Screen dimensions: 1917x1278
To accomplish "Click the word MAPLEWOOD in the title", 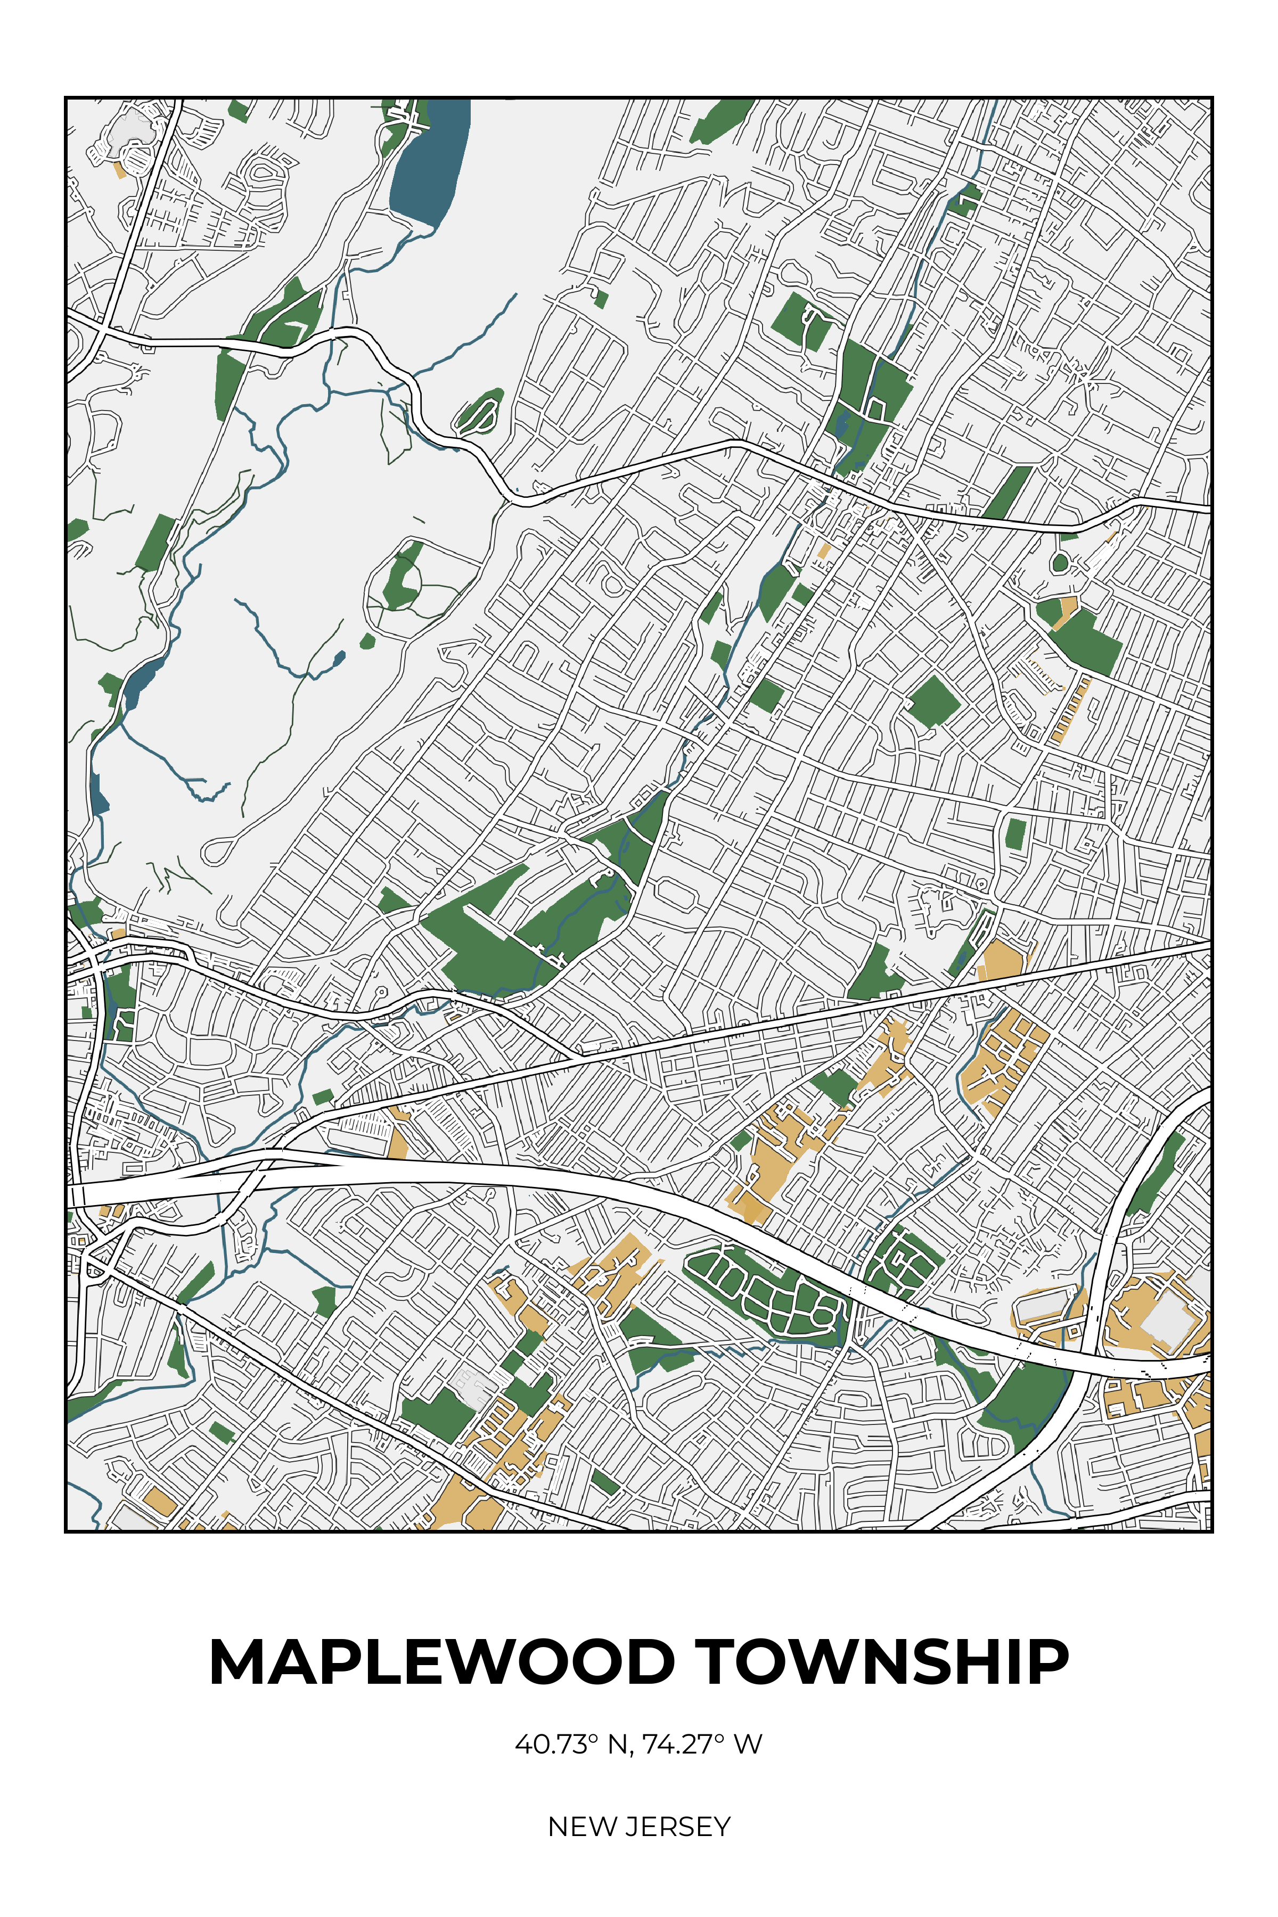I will pyautogui.click(x=441, y=1662).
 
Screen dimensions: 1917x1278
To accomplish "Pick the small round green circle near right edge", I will pyautogui.click(x=1060, y=562).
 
